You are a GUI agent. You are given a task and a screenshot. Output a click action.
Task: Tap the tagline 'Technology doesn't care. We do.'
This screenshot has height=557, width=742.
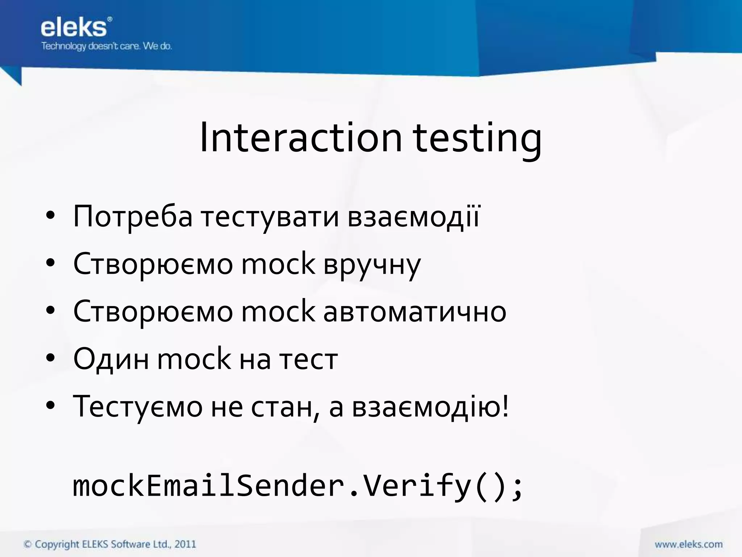[x=106, y=46]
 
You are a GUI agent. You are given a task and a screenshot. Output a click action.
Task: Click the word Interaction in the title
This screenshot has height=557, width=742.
[x=301, y=138]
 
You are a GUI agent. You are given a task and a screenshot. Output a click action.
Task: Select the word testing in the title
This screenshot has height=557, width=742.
[x=477, y=140]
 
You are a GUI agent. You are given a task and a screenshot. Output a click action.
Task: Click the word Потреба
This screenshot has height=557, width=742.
[x=133, y=217]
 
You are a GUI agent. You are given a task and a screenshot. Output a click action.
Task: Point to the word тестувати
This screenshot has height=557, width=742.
[x=270, y=218]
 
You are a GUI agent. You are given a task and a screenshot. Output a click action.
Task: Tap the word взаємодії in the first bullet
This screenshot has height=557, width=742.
[x=413, y=217]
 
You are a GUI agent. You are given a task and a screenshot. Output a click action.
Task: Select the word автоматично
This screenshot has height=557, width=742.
[x=414, y=312]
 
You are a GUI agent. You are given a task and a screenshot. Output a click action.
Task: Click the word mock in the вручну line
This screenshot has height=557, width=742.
[x=278, y=264]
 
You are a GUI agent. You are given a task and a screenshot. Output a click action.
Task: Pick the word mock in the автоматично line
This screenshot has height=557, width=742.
[x=278, y=311]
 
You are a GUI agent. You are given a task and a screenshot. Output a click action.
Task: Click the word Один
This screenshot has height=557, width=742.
[x=111, y=359]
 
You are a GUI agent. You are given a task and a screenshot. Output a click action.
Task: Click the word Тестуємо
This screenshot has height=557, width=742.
[x=138, y=407]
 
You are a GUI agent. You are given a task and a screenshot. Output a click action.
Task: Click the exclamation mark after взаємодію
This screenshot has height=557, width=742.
[x=505, y=406]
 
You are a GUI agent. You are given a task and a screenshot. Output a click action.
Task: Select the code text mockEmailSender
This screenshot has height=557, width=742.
[x=208, y=486]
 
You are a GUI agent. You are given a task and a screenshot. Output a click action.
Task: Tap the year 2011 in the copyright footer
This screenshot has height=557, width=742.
[x=185, y=544]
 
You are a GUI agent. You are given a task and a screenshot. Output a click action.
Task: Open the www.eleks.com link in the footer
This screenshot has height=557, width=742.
[x=688, y=544]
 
